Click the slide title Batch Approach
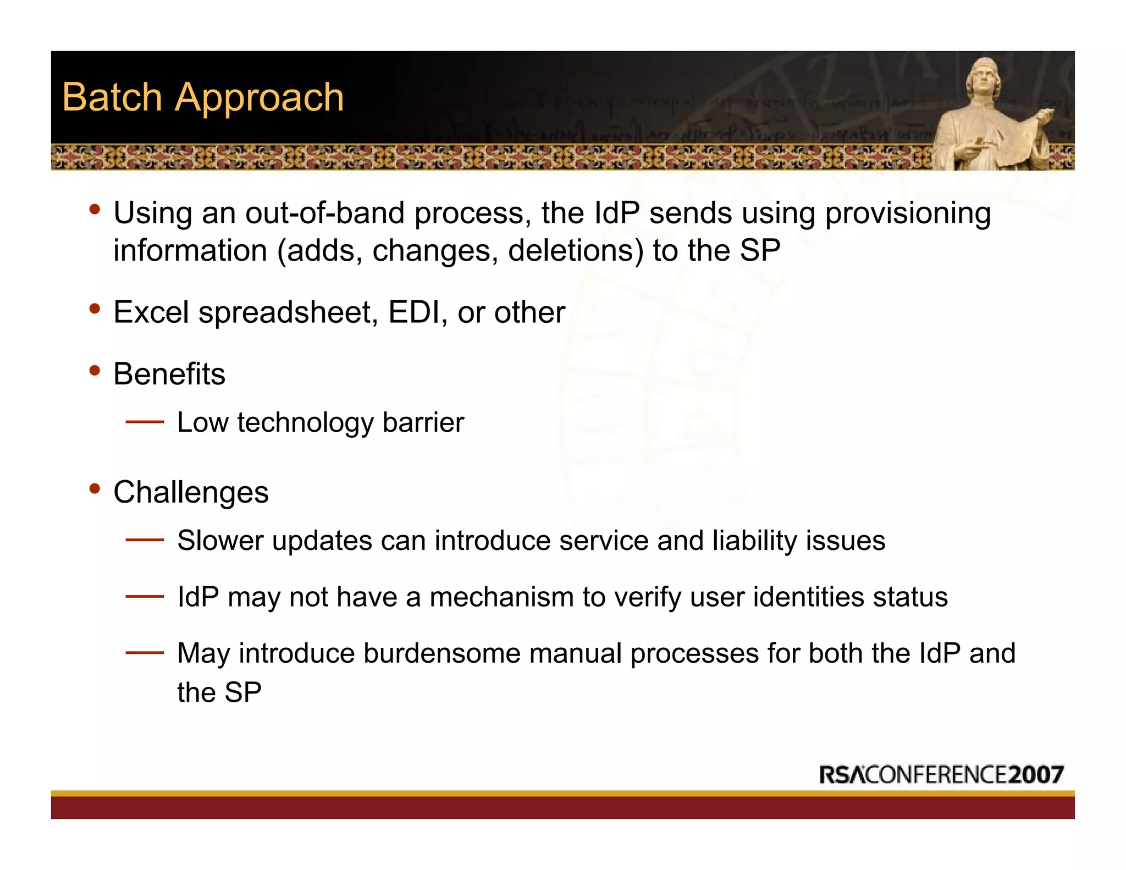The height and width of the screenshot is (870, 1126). click(203, 97)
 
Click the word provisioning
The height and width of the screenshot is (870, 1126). click(908, 214)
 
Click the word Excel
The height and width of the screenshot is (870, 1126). click(151, 312)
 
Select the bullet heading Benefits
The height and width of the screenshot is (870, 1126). click(169, 374)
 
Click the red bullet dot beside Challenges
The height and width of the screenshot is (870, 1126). click(95, 488)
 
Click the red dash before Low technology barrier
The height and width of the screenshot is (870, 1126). click(145, 422)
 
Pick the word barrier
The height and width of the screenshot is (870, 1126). click(423, 422)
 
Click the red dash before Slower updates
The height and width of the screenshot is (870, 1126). click(145, 540)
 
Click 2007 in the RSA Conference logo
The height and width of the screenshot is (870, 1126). click(1036, 774)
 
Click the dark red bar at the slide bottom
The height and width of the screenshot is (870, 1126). click(562, 807)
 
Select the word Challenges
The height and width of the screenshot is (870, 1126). click(191, 492)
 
